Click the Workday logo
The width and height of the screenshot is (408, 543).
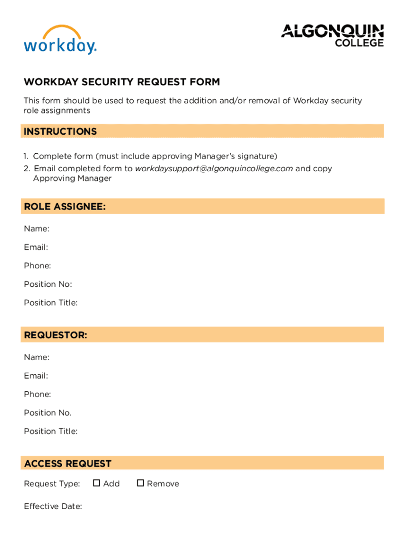click(60, 40)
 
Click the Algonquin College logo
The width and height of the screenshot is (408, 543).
click(332, 35)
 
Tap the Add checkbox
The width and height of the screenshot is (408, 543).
click(96, 483)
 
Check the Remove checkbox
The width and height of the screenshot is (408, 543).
click(140, 483)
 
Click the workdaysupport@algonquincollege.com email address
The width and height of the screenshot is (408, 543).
click(214, 169)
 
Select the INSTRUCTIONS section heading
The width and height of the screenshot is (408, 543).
click(60, 132)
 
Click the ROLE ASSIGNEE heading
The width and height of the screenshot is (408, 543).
click(65, 207)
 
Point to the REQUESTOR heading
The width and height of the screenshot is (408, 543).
click(56, 335)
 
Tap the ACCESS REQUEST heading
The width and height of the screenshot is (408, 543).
click(68, 463)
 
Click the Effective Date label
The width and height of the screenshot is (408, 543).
click(52, 506)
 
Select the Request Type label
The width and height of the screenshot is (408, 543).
click(52, 484)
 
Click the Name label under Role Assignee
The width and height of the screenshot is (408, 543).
click(37, 229)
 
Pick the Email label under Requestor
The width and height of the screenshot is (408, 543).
click(36, 375)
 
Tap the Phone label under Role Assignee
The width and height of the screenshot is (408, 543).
click(37, 266)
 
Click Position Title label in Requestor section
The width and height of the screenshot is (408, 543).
click(50, 431)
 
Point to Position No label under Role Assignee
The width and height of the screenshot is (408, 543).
click(48, 284)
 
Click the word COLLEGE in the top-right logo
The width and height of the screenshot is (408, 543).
click(359, 43)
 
